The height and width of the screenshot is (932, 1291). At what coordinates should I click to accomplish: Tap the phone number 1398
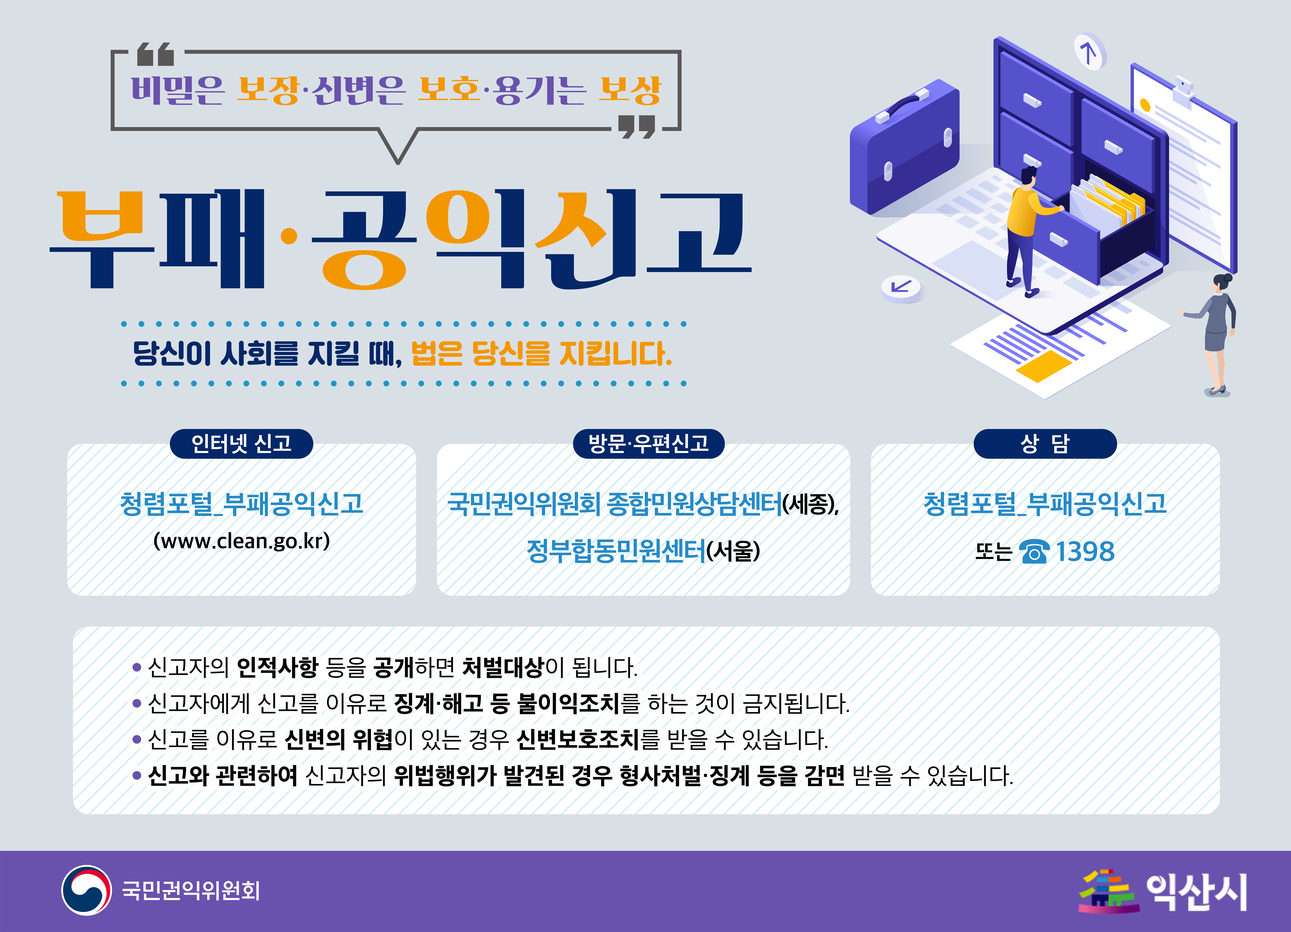pyautogui.click(x=1085, y=551)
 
